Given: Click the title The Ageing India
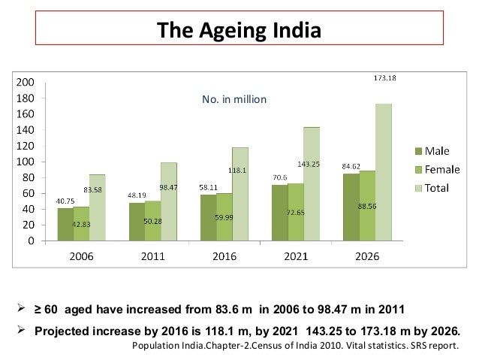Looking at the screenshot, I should click(x=239, y=32).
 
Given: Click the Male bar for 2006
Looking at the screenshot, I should click(x=65, y=224).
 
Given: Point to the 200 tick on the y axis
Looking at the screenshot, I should click(x=25, y=82).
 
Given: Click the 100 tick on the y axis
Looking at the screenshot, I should click(x=25, y=162).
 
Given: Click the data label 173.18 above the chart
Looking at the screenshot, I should click(x=384, y=77).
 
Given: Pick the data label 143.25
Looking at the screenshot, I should click(x=308, y=163).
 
